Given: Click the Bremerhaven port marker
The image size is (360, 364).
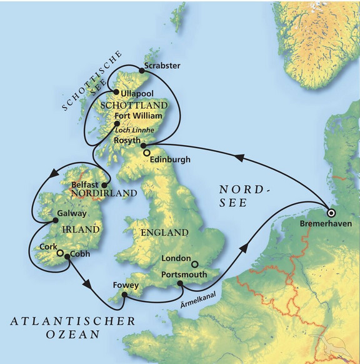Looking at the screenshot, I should pos(331,211).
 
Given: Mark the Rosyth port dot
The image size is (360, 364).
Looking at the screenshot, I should pos(143,145).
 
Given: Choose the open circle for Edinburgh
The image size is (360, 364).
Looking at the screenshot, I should pos(146,153).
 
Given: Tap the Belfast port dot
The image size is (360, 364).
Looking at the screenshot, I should pos(104,185).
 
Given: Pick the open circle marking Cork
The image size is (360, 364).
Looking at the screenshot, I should pos(60,254).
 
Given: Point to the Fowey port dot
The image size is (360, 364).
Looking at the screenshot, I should pos(126,294).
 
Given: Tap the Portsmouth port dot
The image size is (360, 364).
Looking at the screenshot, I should pos(180,283).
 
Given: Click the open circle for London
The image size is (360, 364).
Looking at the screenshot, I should pos(194,264).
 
